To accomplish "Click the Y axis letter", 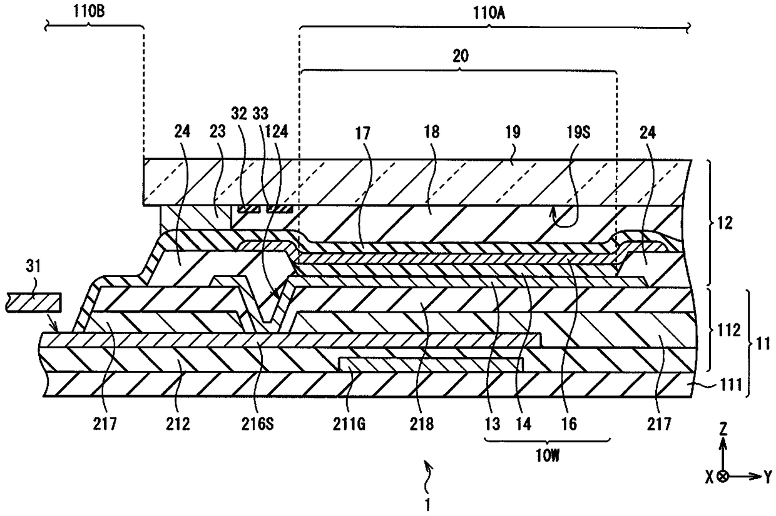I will (x=767, y=477).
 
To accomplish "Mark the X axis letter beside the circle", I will (x=709, y=477).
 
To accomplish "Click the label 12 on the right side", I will (x=722, y=223).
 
